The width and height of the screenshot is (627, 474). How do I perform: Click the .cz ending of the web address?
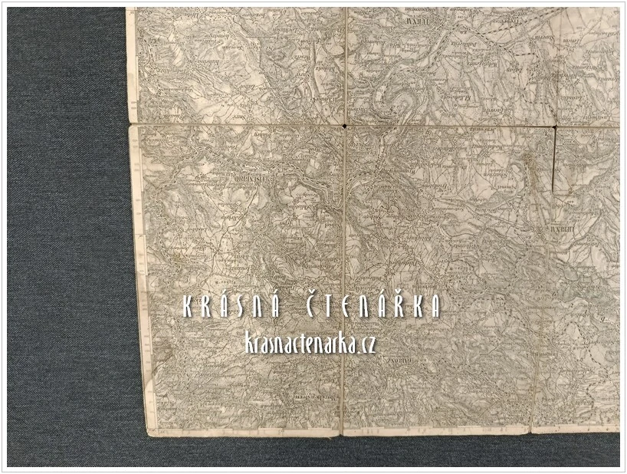pos(366,345)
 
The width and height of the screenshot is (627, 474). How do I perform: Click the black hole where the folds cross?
pos(346,125)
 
